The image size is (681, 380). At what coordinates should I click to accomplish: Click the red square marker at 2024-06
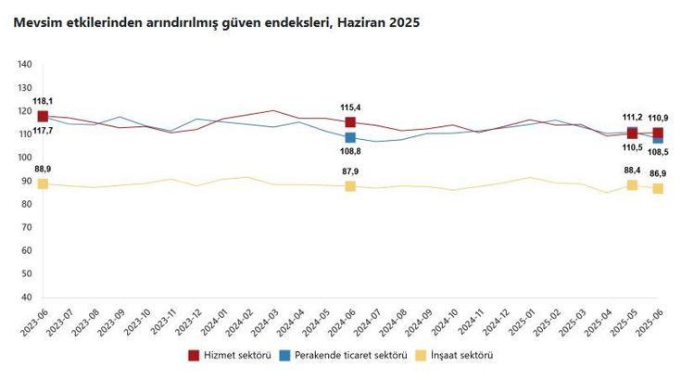click(x=350, y=122)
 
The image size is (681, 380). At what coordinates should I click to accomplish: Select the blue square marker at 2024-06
click(x=350, y=138)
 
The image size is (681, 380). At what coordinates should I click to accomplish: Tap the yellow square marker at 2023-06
click(x=43, y=184)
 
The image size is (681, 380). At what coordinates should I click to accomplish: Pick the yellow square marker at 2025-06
click(x=658, y=188)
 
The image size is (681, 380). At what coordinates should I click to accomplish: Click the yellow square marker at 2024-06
click(x=350, y=186)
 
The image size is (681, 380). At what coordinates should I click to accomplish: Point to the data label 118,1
click(x=43, y=101)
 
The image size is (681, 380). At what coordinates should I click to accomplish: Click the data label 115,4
click(x=350, y=108)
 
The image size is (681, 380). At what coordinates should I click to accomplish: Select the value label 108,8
click(x=350, y=153)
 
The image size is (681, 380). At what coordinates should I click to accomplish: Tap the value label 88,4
click(x=632, y=171)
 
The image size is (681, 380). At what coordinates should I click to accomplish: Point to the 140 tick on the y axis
click(x=25, y=64)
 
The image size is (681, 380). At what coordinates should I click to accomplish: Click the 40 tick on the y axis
click(x=28, y=298)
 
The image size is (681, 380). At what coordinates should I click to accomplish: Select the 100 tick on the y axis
click(x=25, y=158)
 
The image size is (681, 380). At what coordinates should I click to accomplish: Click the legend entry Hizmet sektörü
click(x=231, y=355)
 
